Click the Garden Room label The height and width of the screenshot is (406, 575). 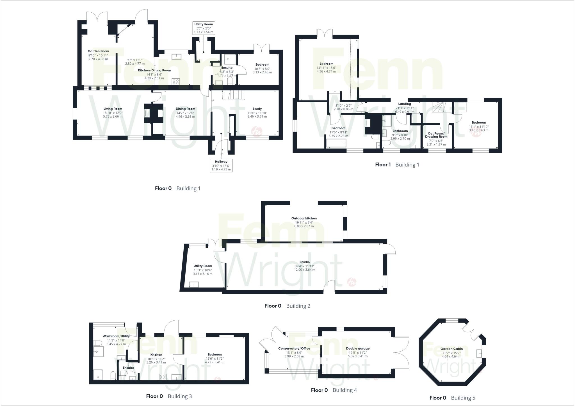tap(98, 51)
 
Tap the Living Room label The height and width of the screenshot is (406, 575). tap(113, 109)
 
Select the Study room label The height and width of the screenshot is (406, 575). tap(257, 109)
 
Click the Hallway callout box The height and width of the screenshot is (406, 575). tap(221, 165)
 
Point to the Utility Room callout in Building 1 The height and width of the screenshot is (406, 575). tap(204, 28)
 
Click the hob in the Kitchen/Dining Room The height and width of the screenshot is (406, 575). tap(176, 82)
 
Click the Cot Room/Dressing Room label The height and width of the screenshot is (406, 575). tap(436, 135)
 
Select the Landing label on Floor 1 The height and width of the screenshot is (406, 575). tap(404, 104)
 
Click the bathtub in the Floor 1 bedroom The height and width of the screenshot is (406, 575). tap(336, 143)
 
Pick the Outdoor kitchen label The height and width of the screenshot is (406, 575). tap(304, 218)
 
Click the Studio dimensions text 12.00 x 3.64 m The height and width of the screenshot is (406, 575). tap(305, 270)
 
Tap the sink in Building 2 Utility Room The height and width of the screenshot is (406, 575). tap(194, 284)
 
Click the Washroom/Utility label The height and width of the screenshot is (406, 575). tap(116, 336)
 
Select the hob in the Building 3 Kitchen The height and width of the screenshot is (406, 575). tap(163, 377)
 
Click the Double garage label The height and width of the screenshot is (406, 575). tap(358, 348)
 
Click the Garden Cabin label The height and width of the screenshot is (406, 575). tap(451, 349)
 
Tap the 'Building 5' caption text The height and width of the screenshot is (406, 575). tap(463, 398)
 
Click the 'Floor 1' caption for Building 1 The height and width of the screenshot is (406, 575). tap(383, 165)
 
